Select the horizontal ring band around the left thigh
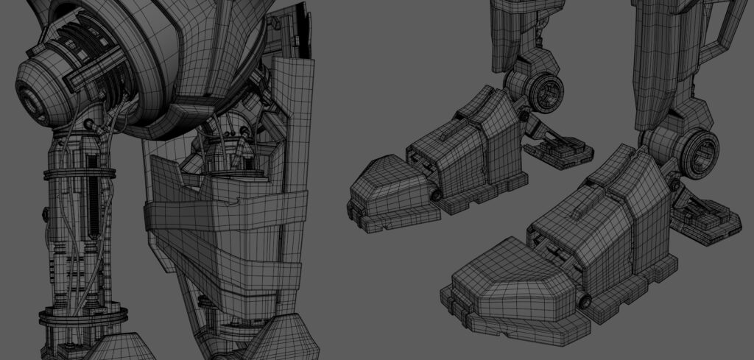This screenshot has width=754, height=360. tap(80, 174)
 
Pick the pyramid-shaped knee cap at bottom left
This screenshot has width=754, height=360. tap(121, 346)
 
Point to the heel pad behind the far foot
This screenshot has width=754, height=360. tap(560, 151)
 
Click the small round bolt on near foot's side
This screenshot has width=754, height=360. tap(585, 300)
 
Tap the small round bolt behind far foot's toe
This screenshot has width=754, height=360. tap(436, 195)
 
